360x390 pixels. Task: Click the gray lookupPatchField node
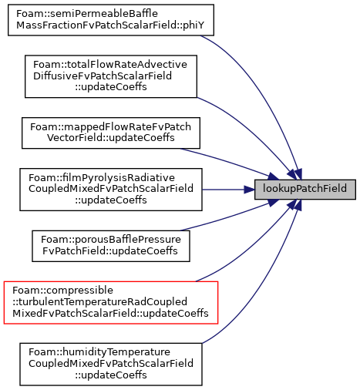(x=305, y=190)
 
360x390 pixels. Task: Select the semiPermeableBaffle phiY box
(x=111, y=20)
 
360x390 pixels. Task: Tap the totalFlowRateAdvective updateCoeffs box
(x=111, y=76)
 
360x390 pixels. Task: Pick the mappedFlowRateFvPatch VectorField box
(x=111, y=133)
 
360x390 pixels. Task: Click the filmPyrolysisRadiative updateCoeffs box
(x=111, y=190)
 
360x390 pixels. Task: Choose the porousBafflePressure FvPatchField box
(x=111, y=246)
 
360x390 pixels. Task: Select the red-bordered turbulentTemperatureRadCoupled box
(x=111, y=302)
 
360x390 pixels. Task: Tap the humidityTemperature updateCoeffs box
(x=111, y=364)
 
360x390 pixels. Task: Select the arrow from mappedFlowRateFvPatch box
(x=229, y=163)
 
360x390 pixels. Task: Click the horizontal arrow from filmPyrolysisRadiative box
(x=228, y=190)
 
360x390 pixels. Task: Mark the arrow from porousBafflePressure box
(x=229, y=217)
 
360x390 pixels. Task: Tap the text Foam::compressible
(x=62, y=291)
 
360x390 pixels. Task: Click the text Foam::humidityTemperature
(x=99, y=352)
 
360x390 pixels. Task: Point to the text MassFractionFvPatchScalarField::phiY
(x=110, y=25)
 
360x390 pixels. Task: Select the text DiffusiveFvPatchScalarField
(x=103, y=76)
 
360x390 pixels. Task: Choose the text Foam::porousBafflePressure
(x=111, y=240)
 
